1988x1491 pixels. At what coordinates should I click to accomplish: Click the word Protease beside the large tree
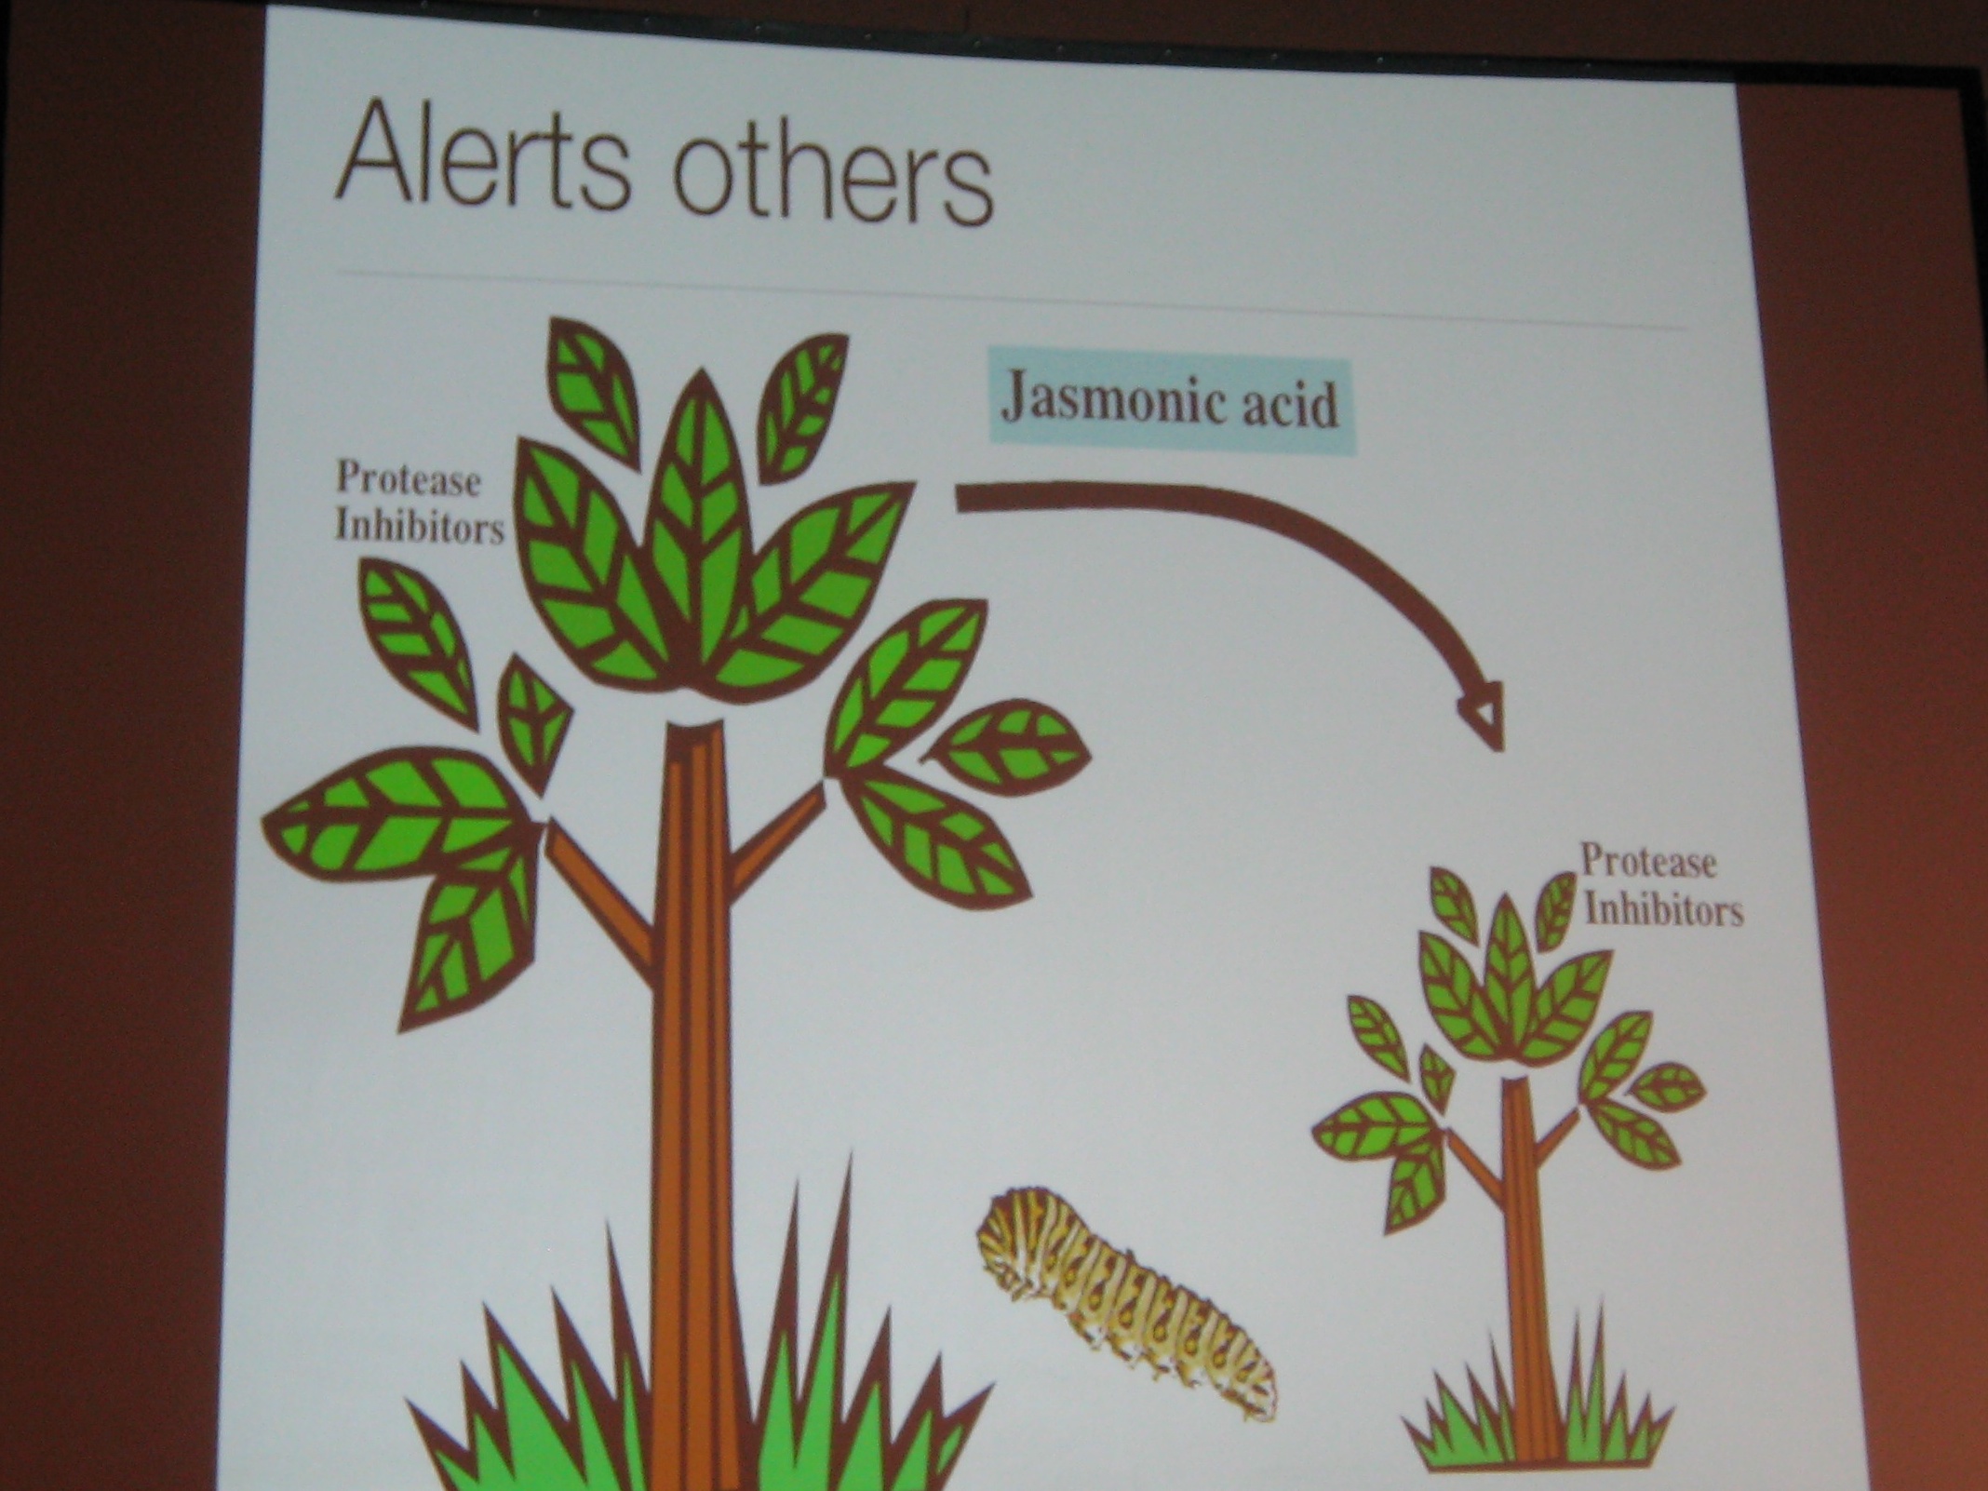(x=409, y=480)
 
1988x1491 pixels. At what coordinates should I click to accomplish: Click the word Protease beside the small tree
(x=1648, y=862)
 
